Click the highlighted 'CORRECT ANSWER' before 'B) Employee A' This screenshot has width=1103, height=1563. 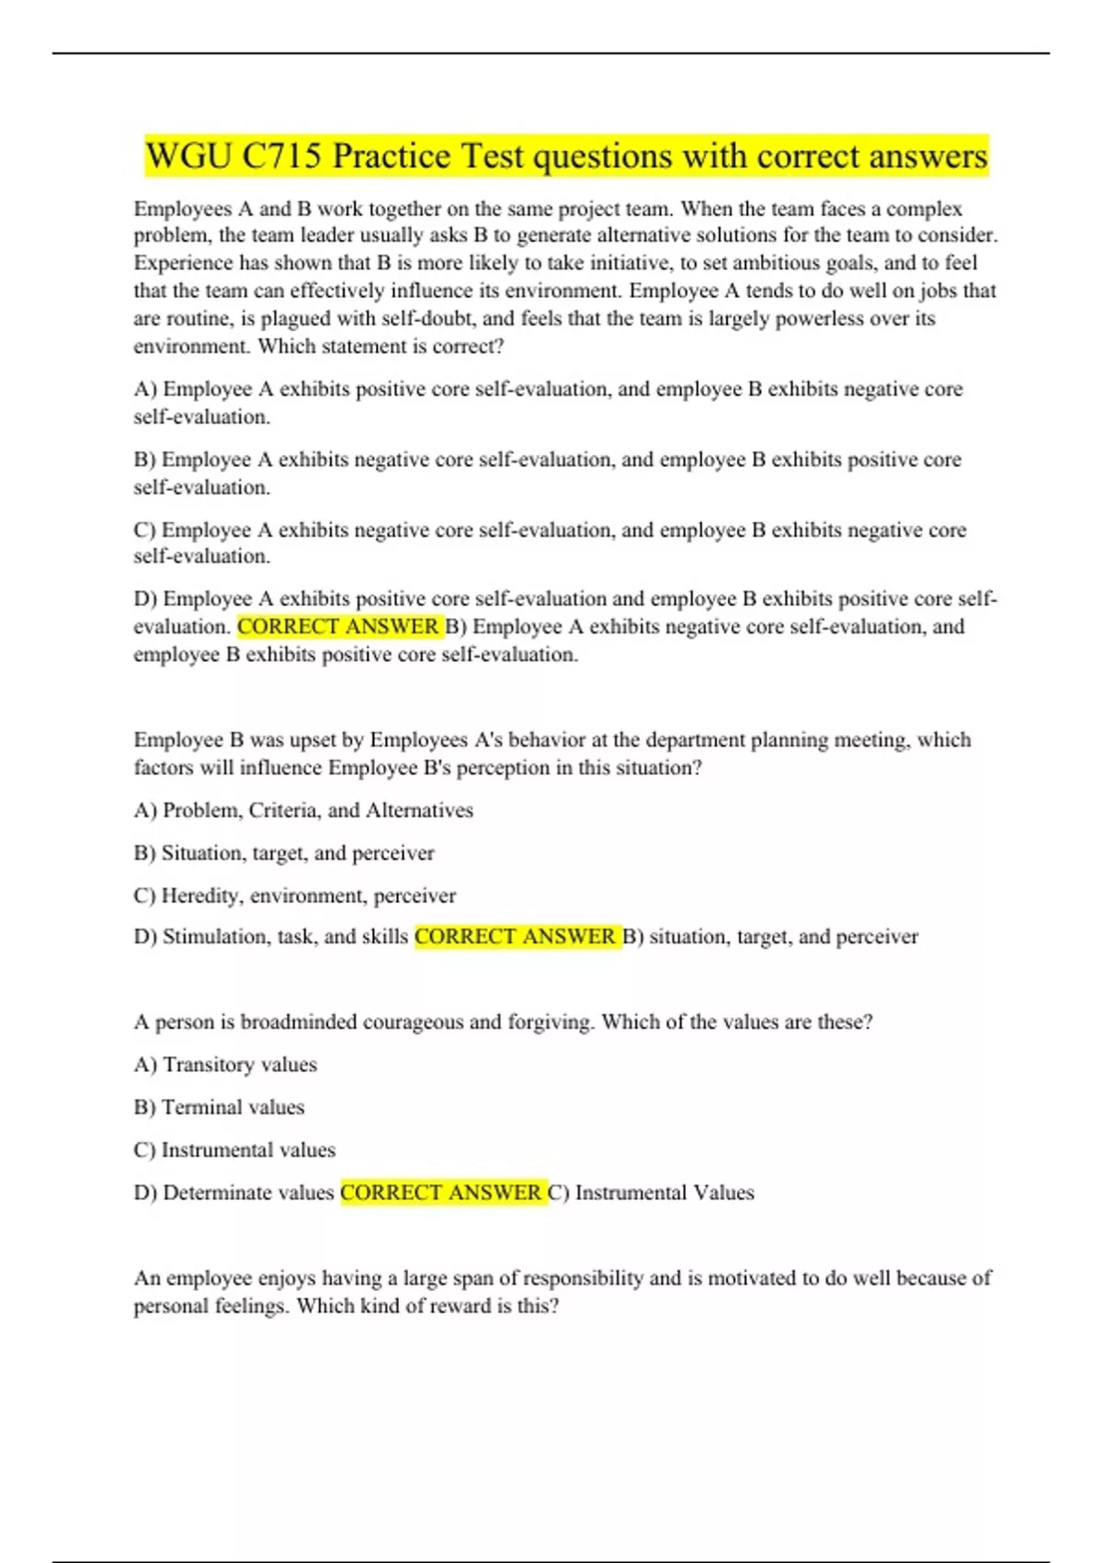click(339, 627)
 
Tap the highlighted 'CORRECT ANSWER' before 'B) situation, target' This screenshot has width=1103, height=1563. click(516, 937)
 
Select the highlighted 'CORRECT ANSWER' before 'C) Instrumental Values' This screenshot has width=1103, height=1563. click(442, 1192)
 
